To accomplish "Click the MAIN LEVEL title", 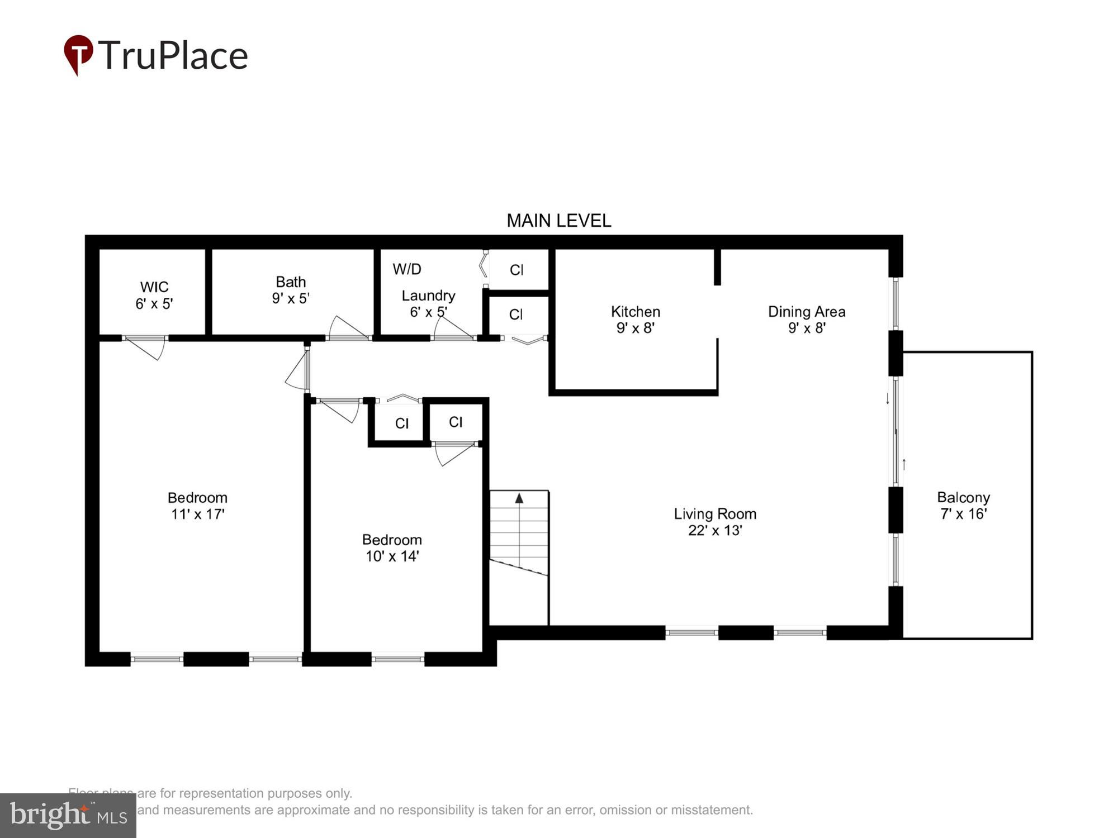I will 558,221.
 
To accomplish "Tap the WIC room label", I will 154,287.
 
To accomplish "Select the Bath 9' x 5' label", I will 291,290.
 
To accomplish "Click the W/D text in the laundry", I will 407,269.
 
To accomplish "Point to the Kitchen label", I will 635,312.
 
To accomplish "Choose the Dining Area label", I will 806,312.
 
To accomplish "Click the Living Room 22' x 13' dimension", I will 714,530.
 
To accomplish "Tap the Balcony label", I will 963,498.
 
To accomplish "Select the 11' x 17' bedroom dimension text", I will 197,514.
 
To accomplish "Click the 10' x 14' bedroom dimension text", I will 392,556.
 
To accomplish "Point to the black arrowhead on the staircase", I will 519,498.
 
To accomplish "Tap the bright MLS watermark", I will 68,815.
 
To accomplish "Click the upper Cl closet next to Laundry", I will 517,270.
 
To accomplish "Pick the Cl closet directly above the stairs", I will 456,422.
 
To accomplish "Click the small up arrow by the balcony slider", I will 904,464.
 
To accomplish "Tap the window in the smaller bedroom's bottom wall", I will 397,659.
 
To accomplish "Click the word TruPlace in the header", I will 173,55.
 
